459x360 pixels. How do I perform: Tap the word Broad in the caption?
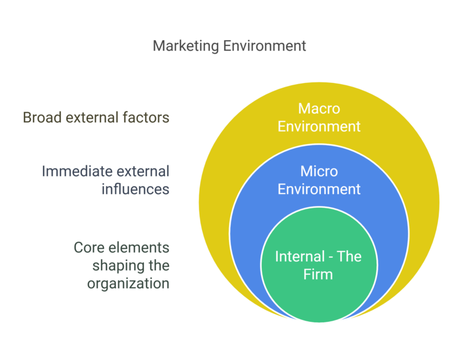point(41,118)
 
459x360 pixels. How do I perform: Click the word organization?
point(128,283)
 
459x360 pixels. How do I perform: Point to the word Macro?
point(319,109)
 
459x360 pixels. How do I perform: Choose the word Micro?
point(319,171)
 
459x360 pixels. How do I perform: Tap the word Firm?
point(319,275)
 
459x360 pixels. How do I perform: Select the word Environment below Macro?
point(319,127)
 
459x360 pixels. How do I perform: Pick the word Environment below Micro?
point(319,189)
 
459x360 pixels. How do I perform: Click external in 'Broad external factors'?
point(93,118)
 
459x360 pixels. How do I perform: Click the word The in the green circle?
point(350,257)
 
